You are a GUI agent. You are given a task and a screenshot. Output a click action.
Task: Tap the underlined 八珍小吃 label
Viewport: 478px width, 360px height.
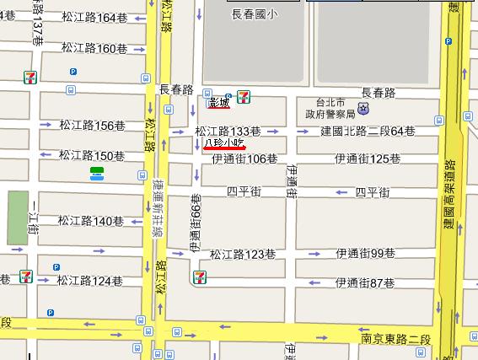(223, 144)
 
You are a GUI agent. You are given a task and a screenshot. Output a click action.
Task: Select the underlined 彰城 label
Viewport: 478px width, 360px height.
(218, 103)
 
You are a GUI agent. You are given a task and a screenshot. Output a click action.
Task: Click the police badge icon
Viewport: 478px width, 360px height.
(363, 109)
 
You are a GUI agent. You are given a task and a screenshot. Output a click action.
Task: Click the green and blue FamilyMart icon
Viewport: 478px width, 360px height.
(98, 173)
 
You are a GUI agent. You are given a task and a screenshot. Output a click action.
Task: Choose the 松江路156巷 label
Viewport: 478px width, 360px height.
(92, 125)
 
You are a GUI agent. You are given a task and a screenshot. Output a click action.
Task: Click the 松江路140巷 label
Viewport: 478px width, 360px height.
(91, 221)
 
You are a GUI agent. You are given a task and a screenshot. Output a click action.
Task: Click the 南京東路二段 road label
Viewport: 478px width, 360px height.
(392, 339)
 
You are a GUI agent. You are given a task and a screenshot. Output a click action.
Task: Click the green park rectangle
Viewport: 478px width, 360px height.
(18, 218)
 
